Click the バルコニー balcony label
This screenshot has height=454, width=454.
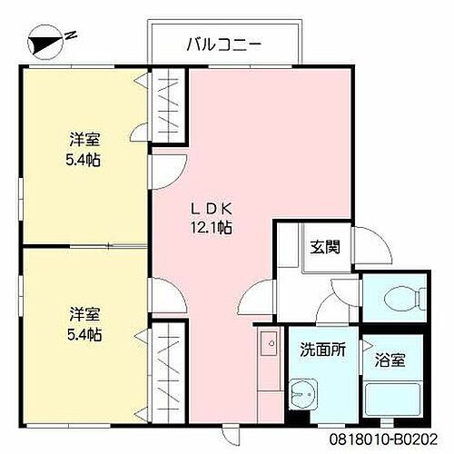coord(223,42)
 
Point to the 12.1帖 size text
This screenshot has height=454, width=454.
coord(212,228)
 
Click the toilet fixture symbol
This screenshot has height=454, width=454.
coord(400,297)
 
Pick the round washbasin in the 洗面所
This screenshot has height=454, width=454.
coord(306,392)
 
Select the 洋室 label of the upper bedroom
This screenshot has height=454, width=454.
coord(85,141)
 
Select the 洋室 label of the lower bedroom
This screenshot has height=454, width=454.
coord(85,316)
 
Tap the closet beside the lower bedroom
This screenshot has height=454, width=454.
coord(168,372)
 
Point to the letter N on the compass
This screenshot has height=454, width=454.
coord(71,35)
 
